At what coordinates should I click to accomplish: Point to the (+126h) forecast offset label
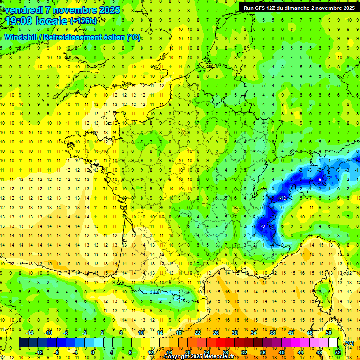pos(83,21)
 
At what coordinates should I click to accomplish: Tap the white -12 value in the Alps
pos(283,199)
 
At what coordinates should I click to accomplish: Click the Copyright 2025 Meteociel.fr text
pos(199,357)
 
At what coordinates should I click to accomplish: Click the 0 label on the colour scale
pos(93,352)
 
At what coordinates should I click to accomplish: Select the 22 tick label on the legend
pos(197,333)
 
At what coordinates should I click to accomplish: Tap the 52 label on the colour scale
pos(337,352)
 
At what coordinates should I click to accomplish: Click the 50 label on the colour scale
pos(328,333)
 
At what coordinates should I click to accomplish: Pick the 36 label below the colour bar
pos(263,352)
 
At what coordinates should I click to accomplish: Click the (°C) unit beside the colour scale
pos(349,343)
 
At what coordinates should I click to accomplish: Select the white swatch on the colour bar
pos(333,343)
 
